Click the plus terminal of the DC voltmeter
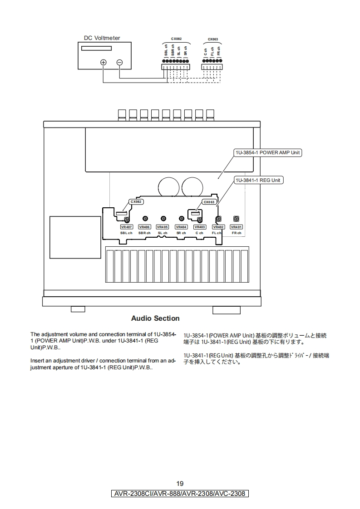pyautogui.click(x=104, y=62)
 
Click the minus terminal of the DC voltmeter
pyautogui.click(x=119, y=62)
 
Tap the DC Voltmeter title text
pyautogui.click(x=102, y=38)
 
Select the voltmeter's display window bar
pyautogui.click(x=97, y=49)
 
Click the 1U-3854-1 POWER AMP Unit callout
pyautogui.click(x=268, y=152)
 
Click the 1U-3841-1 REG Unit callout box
pyautogui.click(x=258, y=180)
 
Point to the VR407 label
pyautogui.click(x=126, y=227)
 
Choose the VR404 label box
pyautogui.click(x=181, y=227)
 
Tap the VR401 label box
pyautogui.click(x=236, y=227)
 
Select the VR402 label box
pyautogui.click(x=218, y=227)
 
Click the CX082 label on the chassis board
pyautogui.click(x=136, y=201)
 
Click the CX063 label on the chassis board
pyautogui.click(x=209, y=202)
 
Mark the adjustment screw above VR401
pyautogui.click(x=236, y=219)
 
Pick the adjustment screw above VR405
pyautogui.click(x=163, y=219)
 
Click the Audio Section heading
pyautogui.click(x=155, y=318)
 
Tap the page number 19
pyautogui.click(x=180, y=483)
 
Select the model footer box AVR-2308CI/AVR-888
pyautogui.click(x=180, y=494)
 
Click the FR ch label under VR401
pyautogui.click(x=237, y=233)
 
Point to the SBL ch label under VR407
pyautogui.click(x=126, y=233)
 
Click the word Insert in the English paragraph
pyautogui.click(x=37, y=361)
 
